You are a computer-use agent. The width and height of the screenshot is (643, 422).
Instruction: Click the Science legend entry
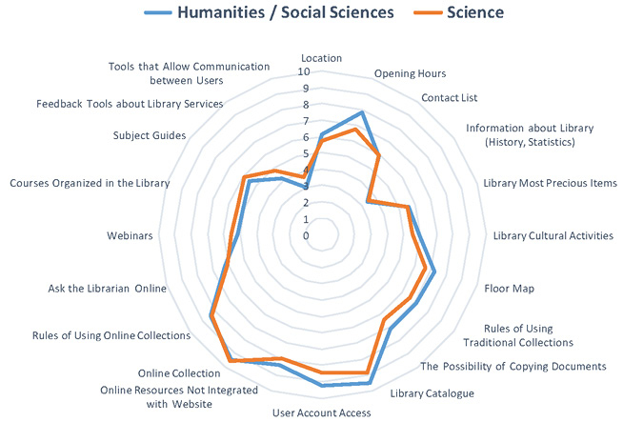tap(472, 12)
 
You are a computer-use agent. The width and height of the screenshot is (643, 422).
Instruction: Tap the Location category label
tap(320, 58)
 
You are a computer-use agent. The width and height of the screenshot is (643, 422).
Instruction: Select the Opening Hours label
tap(410, 73)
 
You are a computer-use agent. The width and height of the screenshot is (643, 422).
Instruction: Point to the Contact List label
tap(449, 97)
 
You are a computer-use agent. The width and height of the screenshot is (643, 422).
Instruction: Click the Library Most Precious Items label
tap(550, 183)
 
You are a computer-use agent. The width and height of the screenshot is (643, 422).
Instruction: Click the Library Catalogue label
tap(432, 393)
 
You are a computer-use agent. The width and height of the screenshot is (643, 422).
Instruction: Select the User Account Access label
tap(321, 412)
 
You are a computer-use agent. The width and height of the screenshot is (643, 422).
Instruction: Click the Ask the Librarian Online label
tap(107, 288)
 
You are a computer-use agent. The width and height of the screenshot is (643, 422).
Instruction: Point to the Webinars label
tap(128, 235)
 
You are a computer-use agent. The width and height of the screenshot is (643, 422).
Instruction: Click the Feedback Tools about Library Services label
tap(130, 103)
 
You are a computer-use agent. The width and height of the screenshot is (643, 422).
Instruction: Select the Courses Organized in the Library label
tap(90, 183)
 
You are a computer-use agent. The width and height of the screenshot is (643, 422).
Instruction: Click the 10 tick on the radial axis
tap(304, 71)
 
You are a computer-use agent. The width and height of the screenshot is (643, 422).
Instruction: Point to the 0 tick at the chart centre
tap(306, 235)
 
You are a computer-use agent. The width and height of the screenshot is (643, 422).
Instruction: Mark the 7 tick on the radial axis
tap(305, 121)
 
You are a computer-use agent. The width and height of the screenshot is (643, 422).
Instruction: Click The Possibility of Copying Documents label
tap(512, 366)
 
